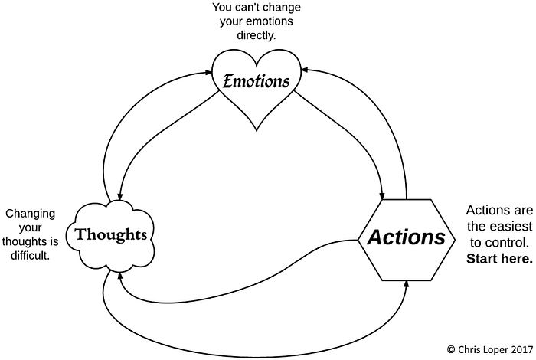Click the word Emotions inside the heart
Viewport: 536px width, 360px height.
click(256, 80)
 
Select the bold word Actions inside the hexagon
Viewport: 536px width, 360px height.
click(406, 237)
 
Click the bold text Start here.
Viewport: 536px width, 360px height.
click(498, 258)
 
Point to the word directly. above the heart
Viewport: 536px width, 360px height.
click(257, 36)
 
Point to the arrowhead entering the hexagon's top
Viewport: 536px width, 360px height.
click(383, 192)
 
